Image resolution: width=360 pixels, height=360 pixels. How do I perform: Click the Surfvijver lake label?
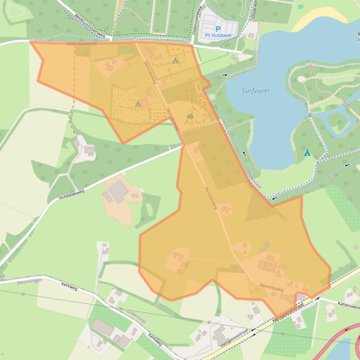point(256,91)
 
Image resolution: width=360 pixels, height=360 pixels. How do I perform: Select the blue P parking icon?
point(218,29)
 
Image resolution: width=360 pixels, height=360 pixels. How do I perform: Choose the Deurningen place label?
point(29,281)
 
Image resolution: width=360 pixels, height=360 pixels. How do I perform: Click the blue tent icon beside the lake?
point(307,153)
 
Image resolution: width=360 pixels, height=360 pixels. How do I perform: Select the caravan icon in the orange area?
point(190,116)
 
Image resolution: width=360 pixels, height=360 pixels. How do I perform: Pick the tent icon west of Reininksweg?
point(138,103)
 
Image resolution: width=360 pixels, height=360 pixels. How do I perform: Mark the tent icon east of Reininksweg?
point(175,60)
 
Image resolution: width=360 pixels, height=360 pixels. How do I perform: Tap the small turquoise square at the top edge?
point(301,7)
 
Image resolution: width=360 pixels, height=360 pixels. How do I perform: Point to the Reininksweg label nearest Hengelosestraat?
point(272,287)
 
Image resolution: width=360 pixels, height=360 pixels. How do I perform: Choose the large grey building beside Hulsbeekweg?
point(118,191)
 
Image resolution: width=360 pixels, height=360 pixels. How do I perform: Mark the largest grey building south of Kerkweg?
point(103,328)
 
